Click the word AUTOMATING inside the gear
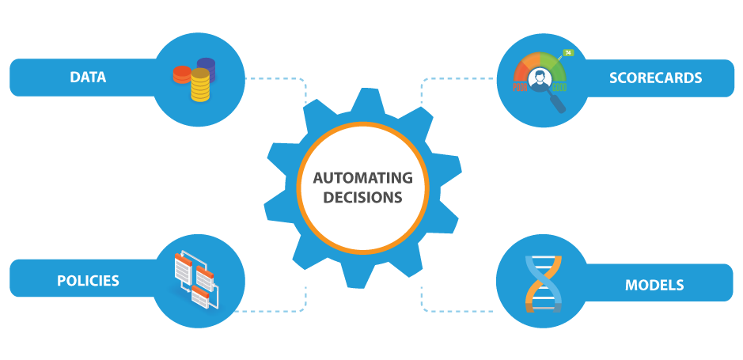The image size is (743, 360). (x=362, y=177)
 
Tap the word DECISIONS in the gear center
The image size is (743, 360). (x=362, y=197)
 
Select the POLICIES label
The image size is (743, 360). (x=88, y=281)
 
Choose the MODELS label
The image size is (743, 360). (x=654, y=285)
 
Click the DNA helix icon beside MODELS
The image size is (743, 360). (x=542, y=283)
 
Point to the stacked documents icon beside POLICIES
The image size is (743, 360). (x=195, y=279)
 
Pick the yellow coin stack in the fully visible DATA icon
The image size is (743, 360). (x=200, y=85)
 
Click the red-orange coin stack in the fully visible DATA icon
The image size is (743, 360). (x=182, y=74)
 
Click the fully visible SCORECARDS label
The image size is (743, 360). (x=655, y=78)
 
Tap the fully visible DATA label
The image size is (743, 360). (x=88, y=77)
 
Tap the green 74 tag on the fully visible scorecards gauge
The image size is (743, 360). (x=567, y=53)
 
